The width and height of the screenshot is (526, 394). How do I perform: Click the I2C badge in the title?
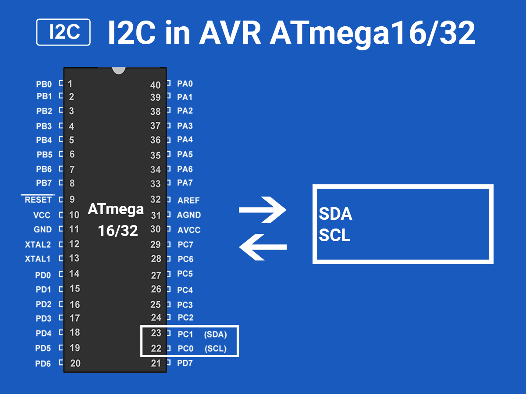point(64,32)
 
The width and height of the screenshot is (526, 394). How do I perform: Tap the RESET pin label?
point(38,200)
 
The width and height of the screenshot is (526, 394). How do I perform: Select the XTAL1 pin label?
point(38,259)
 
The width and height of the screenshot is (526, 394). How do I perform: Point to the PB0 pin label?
point(44,84)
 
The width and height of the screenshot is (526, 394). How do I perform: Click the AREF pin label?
point(188,201)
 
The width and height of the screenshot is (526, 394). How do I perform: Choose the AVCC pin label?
point(189,230)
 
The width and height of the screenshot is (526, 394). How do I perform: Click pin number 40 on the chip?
point(156,85)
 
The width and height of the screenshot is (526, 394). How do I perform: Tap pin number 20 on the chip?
point(75,363)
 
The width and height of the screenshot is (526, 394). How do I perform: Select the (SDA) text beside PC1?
point(215,334)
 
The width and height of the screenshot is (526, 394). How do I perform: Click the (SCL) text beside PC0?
point(216,349)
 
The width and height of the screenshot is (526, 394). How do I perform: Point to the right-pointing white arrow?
point(263,211)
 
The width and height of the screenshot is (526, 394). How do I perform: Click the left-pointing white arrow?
point(263,247)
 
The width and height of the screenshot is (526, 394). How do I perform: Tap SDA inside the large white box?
point(336,215)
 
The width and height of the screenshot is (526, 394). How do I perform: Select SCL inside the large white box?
point(334,236)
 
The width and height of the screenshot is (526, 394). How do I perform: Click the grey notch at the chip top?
point(118,70)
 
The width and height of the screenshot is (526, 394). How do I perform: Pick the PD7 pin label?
point(185,363)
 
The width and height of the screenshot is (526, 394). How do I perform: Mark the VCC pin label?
point(42,215)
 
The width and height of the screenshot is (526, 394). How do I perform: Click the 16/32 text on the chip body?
point(118,231)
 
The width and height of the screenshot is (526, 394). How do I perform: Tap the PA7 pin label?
point(185,183)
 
